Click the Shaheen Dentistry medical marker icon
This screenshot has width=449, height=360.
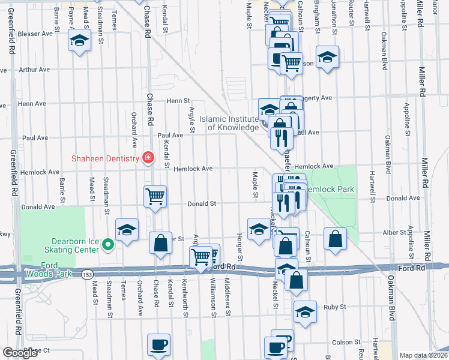(148, 158)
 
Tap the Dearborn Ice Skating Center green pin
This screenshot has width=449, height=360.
(107, 244)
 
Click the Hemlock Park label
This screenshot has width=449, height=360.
(329, 189)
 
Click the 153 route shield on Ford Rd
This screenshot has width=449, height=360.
(88, 274)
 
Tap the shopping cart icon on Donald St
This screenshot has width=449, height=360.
(155, 196)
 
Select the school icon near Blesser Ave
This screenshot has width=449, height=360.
(79, 41)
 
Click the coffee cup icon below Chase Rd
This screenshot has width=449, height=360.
(159, 344)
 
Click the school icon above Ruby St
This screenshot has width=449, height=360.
(305, 311)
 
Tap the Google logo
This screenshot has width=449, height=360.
(20, 353)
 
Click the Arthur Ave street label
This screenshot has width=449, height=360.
(34, 70)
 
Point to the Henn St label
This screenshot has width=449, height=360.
(178, 101)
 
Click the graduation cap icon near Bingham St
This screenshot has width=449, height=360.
(327, 57)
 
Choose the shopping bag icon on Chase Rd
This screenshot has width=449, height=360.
(160, 242)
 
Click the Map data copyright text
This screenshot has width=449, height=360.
(423, 355)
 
